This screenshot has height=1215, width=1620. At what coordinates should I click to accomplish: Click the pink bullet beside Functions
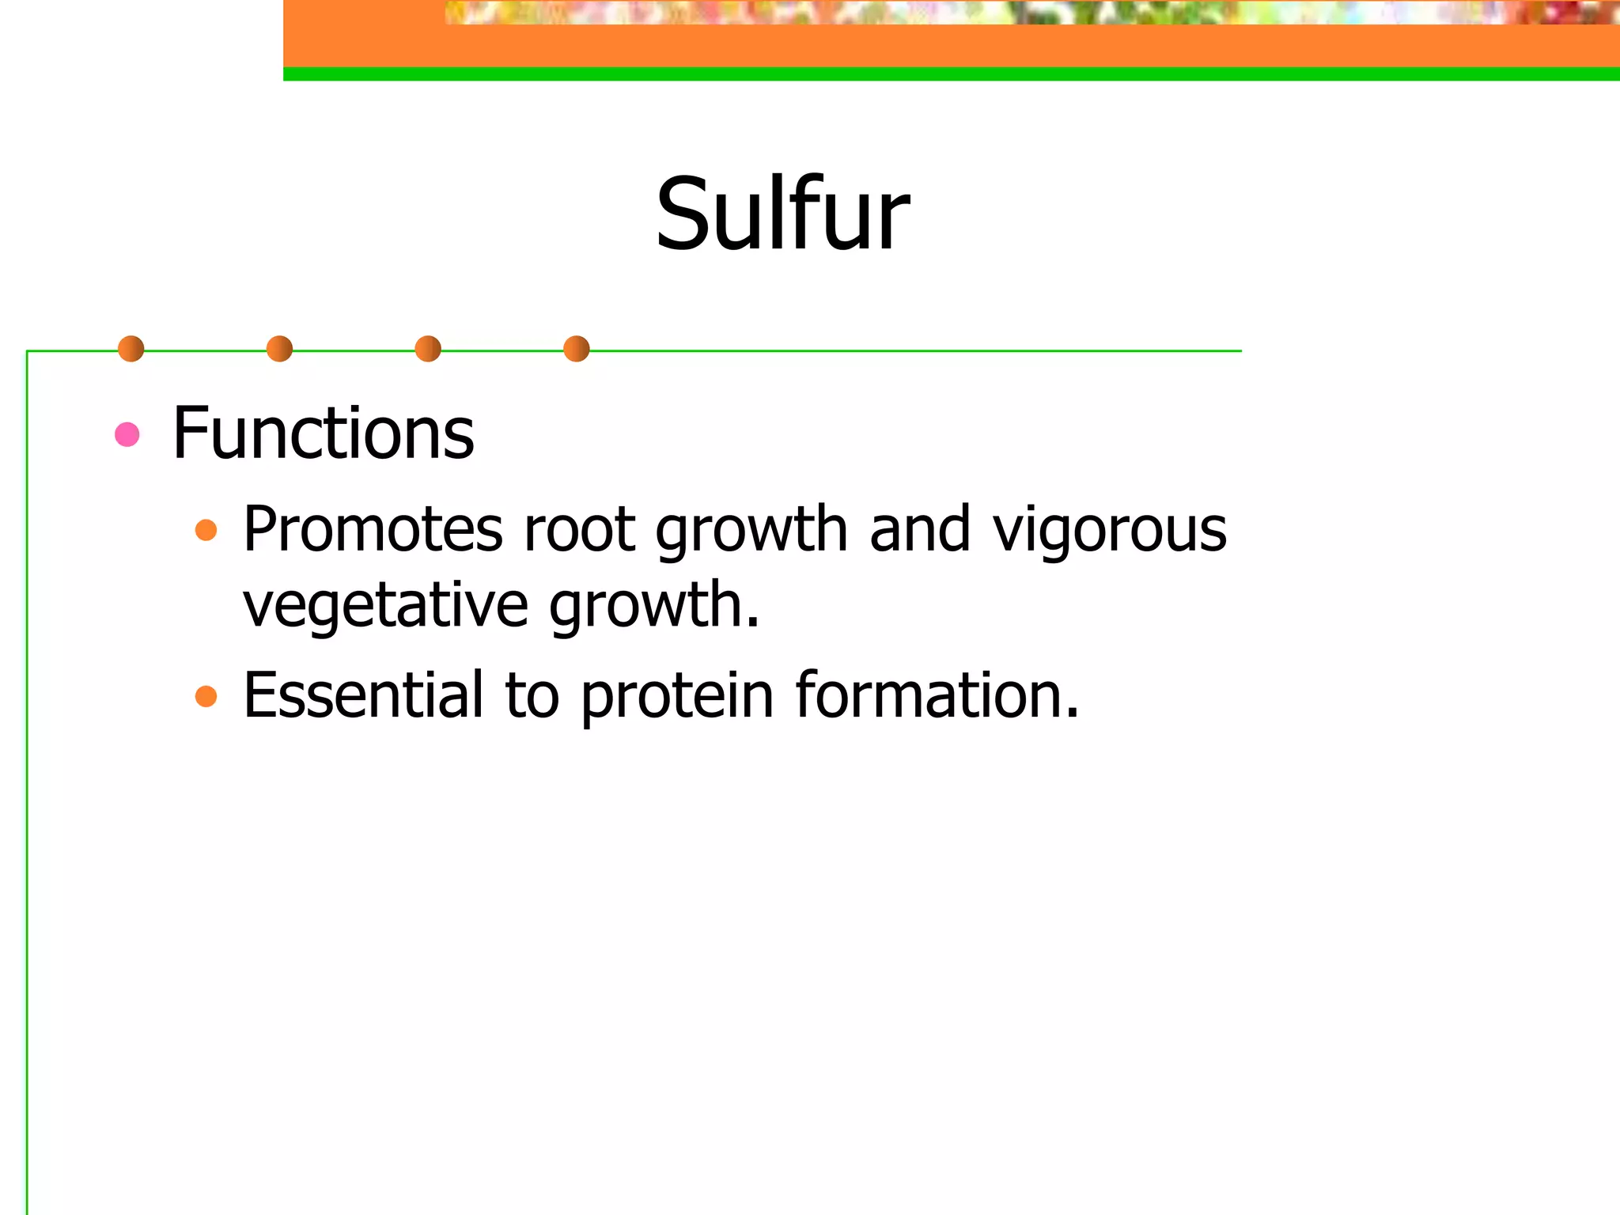[x=127, y=434]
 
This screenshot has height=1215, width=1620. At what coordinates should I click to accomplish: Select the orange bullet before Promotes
[x=206, y=530]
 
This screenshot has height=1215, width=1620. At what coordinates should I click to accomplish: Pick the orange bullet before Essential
[x=206, y=696]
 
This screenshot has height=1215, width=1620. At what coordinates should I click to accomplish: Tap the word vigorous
[x=1109, y=530]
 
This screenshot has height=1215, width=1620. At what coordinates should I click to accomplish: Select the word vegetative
[x=385, y=605]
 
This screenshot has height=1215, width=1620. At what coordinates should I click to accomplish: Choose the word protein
[x=677, y=696]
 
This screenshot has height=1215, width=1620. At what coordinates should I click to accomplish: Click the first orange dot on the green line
[x=131, y=349]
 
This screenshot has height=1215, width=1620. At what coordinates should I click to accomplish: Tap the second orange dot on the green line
[x=279, y=349]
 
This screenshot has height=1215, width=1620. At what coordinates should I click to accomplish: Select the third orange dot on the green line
[x=428, y=349]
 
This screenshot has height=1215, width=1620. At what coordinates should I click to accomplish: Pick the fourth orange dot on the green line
[x=577, y=349]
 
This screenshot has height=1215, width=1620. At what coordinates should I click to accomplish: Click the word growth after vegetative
[x=653, y=605]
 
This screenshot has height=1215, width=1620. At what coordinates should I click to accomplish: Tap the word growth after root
[x=751, y=530]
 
